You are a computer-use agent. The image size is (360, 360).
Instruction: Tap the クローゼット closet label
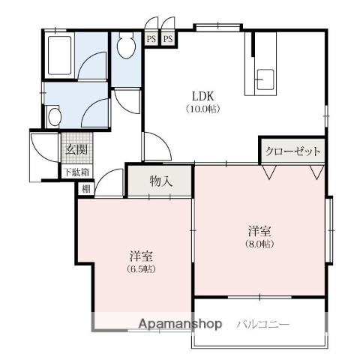tap(293, 151)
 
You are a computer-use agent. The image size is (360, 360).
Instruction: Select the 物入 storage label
tap(160, 181)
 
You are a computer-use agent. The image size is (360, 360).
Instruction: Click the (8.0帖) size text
tap(259, 244)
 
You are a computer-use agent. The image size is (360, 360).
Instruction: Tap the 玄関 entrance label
tap(75, 149)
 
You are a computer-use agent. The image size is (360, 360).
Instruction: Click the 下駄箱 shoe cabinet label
tap(75, 172)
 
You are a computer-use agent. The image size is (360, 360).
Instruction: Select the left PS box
tap(151, 38)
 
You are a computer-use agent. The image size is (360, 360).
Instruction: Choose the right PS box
tap(167, 38)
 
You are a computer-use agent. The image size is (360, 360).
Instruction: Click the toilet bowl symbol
tap(126, 46)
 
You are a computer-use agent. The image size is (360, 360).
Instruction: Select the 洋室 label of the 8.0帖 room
tap(259, 230)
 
